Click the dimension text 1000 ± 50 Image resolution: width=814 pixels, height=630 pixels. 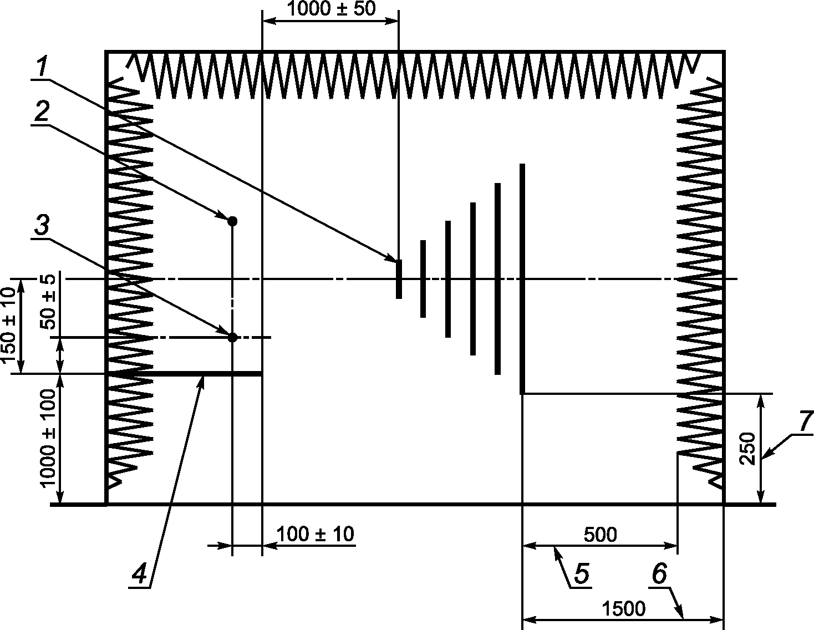point(331,9)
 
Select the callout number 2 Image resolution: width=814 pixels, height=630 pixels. point(42,111)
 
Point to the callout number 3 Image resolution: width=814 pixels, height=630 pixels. point(42,226)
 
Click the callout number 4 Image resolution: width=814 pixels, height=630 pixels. point(139,574)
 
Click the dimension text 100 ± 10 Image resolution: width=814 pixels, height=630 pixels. point(315,534)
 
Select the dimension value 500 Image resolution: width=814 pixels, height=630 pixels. point(600,535)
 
